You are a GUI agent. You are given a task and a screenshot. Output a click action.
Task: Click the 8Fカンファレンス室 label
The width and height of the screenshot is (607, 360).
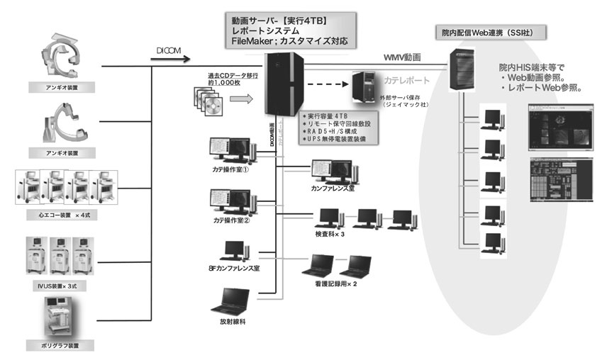233,269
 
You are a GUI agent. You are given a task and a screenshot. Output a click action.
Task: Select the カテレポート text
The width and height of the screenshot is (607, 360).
408,81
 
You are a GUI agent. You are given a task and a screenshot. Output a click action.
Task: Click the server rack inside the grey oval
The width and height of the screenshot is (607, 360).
464,71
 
